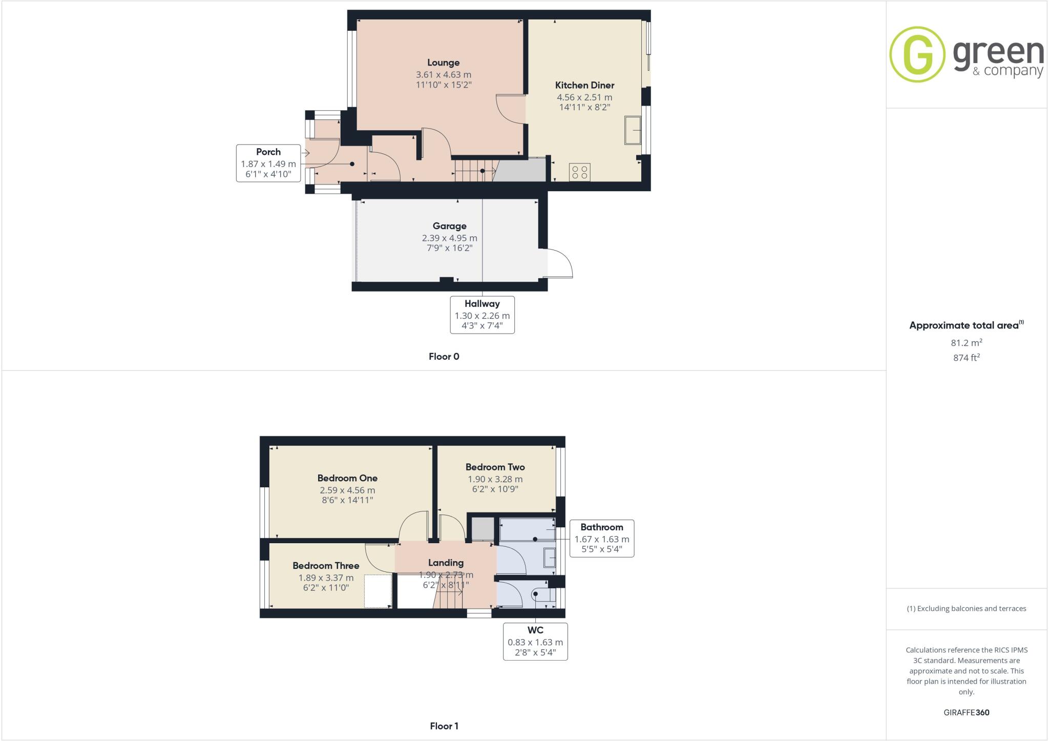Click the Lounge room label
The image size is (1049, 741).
pyautogui.click(x=443, y=63)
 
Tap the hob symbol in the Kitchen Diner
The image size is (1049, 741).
pyautogui.click(x=580, y=172)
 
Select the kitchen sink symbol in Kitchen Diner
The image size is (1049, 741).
pyautogui.click(x=633, y=130)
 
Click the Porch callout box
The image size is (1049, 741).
pyautogui.click(x=268, y=163)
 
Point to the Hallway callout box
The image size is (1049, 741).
pyautogui.click(x=482, y=315)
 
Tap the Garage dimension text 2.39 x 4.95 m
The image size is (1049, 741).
pyautogui.click(x=449, y=238)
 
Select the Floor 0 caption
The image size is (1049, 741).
pyautogui.click(x=444, y=357)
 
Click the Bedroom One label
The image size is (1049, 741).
pyautogui.click(x=347, y=478)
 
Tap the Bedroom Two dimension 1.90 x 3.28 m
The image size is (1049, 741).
pyautogui.click(x=495, y=479)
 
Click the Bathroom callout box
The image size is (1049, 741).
pyautogui.click(x=601, y=538)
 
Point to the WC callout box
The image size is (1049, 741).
pyautogui.click(x=535, y=641)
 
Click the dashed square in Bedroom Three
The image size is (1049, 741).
pyautogui.click(x=378, y=591)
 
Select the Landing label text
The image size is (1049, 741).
pyautogui.click(x=446, y=563)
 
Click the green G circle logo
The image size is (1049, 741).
pyautogui.click(x=917, y=54)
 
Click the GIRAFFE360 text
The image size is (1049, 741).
pyautogui.click(x=966, y=712)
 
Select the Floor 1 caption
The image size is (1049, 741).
pyautogui.click(x=444, y=726)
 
